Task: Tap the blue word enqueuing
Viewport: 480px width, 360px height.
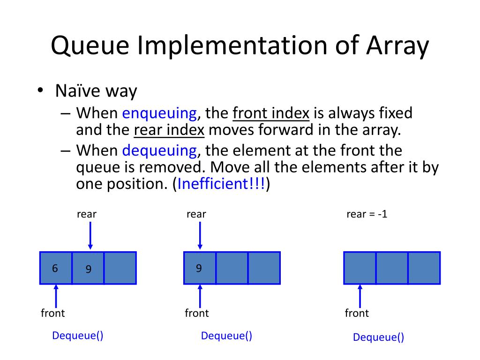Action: pyautogui.click(x=159, y=113)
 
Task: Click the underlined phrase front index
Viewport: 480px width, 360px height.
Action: pyautogui.click(x=271, y=113)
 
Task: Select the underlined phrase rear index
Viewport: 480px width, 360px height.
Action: pyautogui.click(x=169, y=130)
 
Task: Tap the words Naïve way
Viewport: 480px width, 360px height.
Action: pyautogui.click(x=96, y=90)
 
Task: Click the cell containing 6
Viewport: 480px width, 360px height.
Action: pyautogui.click(x=56, y=268)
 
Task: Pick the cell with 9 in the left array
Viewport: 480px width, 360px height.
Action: pyautogui.click(x=88, y=268)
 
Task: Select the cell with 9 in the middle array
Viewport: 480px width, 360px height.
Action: pyautogui.click(x=200, y=268)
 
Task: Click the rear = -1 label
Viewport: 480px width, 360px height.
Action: pyautogui.click(x=367, y=215)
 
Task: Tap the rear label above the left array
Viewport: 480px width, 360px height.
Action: pyautogui.click(x=87, y=215)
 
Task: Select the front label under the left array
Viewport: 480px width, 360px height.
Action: pyautogui.click(x=53, y=313)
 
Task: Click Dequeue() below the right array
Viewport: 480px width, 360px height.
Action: pyautogui.click(x=378, y=337)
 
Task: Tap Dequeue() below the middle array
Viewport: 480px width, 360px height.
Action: pyautogui.click(x=226, y=336)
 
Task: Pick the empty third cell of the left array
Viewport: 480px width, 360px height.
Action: pyautogui.click(x=120, y=268)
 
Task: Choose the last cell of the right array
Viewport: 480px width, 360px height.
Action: pyautogui.click(x=424, y=268)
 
